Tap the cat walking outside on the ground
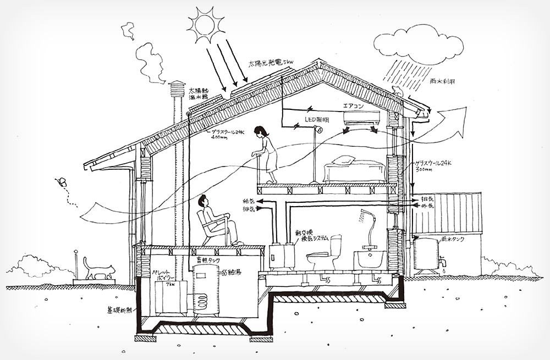pyautogui.click(x=98, y=268)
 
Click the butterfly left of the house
pyautogui.click(x=62, y=181)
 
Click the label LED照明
pyautogui.click(x=317, y=119)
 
